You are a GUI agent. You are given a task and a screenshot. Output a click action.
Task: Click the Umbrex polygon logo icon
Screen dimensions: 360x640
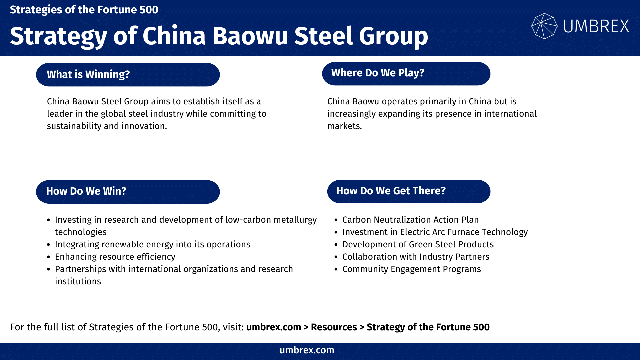coord(544,26)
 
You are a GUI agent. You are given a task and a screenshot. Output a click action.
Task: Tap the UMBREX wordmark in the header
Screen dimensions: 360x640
coord(596,26)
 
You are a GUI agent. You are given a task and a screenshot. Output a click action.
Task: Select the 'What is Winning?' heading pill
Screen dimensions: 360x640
coord(128,74)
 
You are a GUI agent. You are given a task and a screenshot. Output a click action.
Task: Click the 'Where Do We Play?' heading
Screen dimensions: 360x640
coord(406,73)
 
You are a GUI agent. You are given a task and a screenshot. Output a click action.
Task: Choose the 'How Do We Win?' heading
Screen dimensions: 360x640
coord(128,191)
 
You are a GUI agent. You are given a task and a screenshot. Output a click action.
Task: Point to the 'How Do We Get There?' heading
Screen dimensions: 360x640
coord(409,191)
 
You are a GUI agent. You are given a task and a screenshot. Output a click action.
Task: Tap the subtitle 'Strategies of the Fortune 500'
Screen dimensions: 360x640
coord(84,10)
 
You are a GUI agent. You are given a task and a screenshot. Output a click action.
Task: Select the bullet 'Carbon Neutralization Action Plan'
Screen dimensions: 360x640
coord(410,220)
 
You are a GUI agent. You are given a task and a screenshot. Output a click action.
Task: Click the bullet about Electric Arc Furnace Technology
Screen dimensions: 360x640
coord(435,232)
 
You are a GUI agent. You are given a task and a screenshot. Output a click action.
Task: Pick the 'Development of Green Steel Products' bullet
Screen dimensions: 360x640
coord(418,244)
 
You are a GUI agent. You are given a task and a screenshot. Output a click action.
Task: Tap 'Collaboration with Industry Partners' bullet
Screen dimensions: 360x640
coord(416,257)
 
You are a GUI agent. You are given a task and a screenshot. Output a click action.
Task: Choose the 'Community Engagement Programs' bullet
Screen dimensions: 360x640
coord(411,269)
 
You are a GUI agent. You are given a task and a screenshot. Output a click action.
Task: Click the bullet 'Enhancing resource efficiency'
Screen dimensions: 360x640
coord(115,257)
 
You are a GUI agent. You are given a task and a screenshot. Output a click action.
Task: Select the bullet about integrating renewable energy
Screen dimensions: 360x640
coord(152,244)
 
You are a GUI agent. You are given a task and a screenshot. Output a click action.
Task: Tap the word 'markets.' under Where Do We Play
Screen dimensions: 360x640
coord(344,126)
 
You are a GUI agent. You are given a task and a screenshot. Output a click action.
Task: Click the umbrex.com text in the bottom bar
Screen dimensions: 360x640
coord(307,350)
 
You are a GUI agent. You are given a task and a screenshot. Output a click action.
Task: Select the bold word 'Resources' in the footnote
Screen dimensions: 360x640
coord(334,327)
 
